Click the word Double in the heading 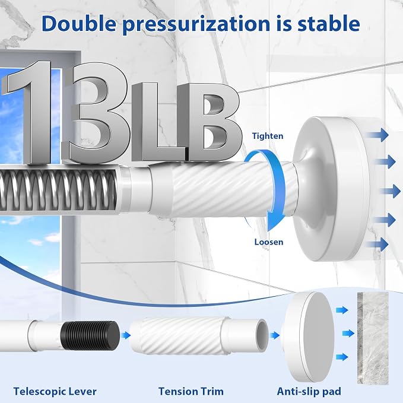pyautogui.click(x=79, y=24)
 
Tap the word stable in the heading pyautogui.click(x=328, y=24)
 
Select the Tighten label pyautogui.click(x=268, y=136)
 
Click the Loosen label pyautogui.click(x=269, y=242)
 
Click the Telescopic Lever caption pyautogui.click(x=55, y=392)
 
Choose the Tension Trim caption pyautogui.click(x=191, y=392)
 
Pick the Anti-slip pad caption pyautogui.click(x=309, y=392)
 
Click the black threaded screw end pyautogui.click(x=90, y=335)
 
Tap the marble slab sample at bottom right pyautogui.click(x=373, y=338)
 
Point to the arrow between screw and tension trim pyautogui.click(x=125, y=335)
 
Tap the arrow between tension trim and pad pyautogui.click(x=275, y=335)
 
